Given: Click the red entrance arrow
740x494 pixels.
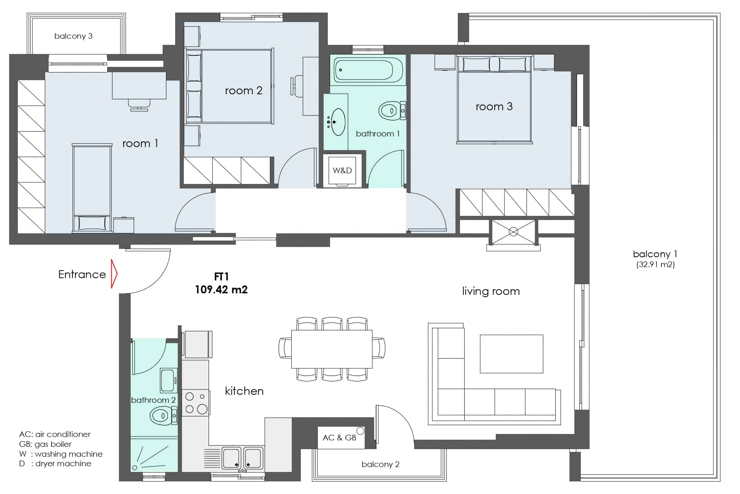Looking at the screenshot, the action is [x=114, y=274].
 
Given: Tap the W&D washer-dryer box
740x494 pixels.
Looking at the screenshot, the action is [x=342, y=171].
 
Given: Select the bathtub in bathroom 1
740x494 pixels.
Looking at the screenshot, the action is [x=368, y=70].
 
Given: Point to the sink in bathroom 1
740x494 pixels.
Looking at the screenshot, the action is [x=337, y=122].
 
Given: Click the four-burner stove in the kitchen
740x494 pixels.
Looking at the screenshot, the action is [x=196, y=403].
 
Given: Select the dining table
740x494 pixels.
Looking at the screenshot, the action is [x=332, y=349].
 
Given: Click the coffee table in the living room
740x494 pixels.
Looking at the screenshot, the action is [x=511, y=354].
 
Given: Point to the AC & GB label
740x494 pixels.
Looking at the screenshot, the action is [x=339, y=438].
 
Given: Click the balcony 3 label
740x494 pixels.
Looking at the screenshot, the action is [x=73, y=36].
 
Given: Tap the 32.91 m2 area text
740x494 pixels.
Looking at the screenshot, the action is [x=655, y=264].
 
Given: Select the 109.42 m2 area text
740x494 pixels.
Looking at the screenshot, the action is [x=221, y=290].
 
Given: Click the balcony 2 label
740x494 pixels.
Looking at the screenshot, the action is [x=380, y=464].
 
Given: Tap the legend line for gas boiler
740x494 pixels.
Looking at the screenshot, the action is [x=45, y=444].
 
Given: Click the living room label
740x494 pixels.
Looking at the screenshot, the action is [x=491, y=291].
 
